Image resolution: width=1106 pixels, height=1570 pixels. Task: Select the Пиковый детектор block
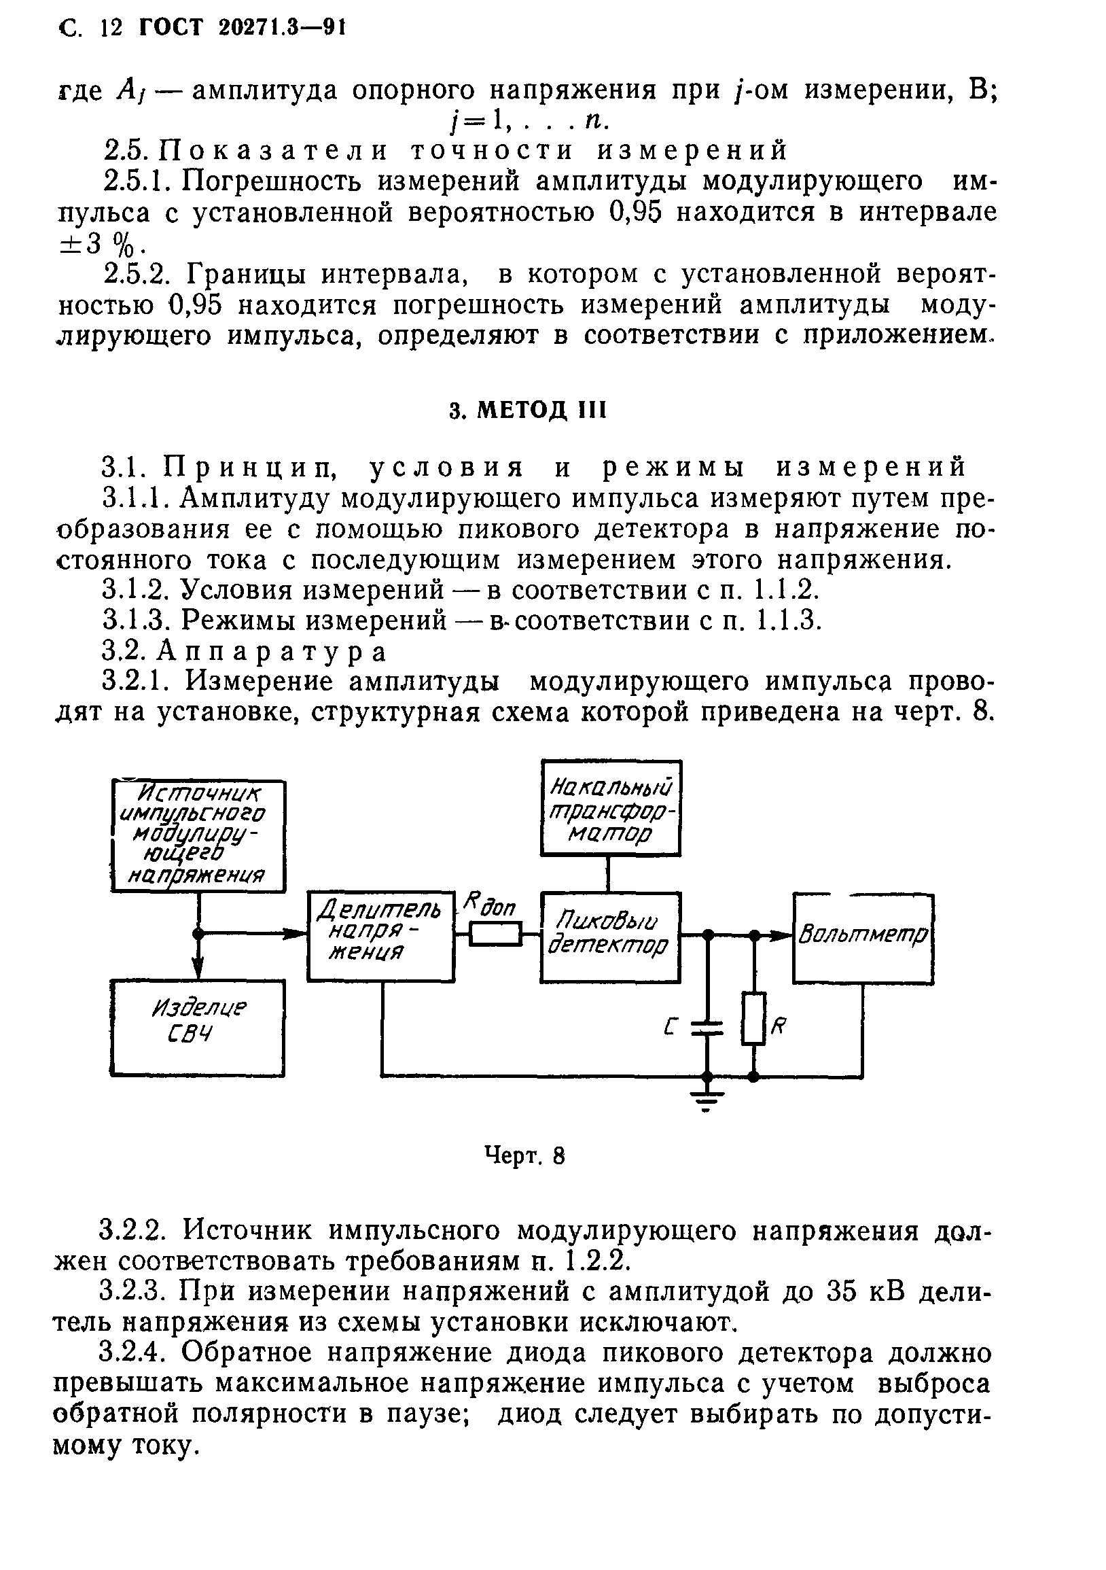(x=610, y=937)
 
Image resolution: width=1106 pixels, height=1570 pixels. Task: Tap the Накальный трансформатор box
(x=611, y=807)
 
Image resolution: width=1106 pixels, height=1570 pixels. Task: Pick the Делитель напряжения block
(x=380, y=937)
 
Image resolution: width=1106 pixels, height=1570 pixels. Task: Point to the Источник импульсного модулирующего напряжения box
(x=198, y=836)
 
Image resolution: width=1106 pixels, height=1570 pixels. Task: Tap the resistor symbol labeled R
(x=753, y=1019)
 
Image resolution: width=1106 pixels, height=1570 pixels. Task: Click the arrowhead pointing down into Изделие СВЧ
(x=198, y=970)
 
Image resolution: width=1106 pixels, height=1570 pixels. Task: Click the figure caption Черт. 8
(x=524, y=1156)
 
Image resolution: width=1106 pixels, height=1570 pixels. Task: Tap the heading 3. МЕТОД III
(x=528, y=411)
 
